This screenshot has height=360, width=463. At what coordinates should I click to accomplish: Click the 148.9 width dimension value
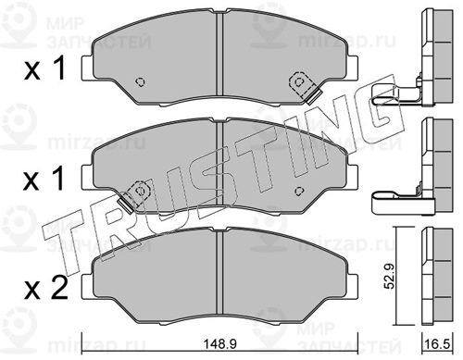[x=220, y=344]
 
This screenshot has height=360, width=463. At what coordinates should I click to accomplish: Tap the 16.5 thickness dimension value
[x=438, y=344]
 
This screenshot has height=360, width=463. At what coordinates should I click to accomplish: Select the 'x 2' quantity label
[x=45, y=288]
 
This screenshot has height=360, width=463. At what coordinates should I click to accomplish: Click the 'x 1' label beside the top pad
[x=45, y=68]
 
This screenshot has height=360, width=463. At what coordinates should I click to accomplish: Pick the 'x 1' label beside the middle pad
[x=44, y=179]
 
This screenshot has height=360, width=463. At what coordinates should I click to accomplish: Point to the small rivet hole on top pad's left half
[x=140, y=81]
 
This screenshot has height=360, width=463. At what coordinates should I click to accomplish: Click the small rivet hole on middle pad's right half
[x=299, y=192]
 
